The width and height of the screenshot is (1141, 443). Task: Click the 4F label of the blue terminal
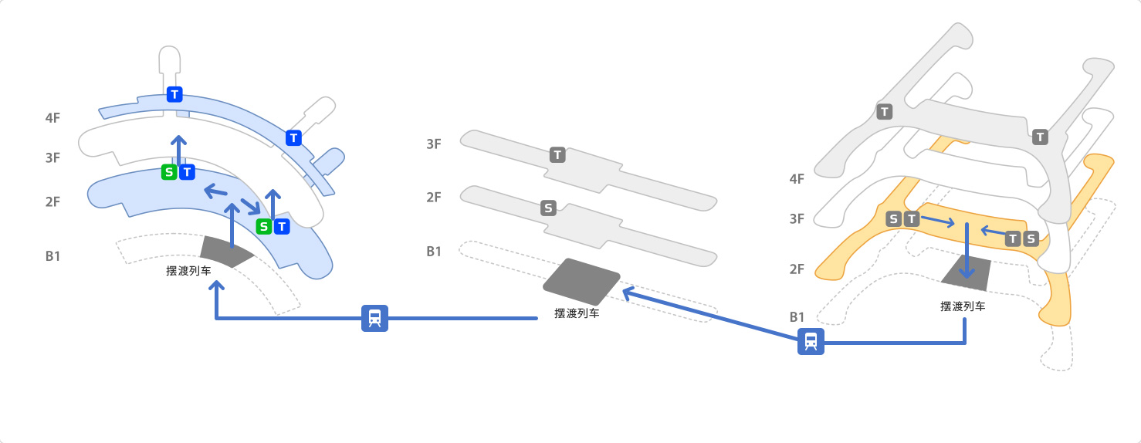click(x=52, y=118)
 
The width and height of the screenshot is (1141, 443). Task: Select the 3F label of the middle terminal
click(x=434, y=144)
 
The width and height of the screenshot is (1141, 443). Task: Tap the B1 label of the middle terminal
click(x=434, y=252)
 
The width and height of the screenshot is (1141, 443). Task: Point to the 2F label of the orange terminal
click(x=797, y=269)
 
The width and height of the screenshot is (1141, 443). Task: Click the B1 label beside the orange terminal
click(x=797, y=317)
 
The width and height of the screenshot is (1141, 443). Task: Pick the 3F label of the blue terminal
click(x=52, y=158)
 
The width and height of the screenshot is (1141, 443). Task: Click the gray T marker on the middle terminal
click(x=557, y=155)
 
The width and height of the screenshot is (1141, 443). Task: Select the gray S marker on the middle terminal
click(x=548, y=208)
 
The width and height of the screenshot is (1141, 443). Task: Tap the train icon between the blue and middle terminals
click(x=374, y=318)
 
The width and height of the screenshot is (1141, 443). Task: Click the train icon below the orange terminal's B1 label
click(x=811, y=341)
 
